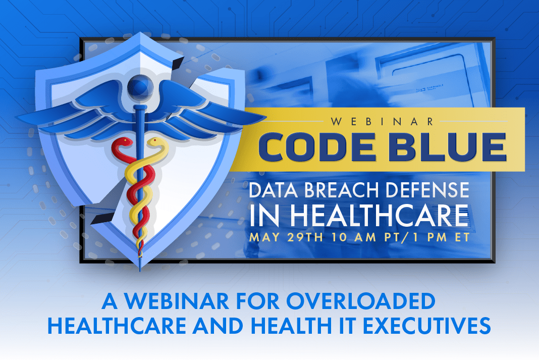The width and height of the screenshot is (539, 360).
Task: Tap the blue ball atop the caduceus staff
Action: (x=137, y=84)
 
